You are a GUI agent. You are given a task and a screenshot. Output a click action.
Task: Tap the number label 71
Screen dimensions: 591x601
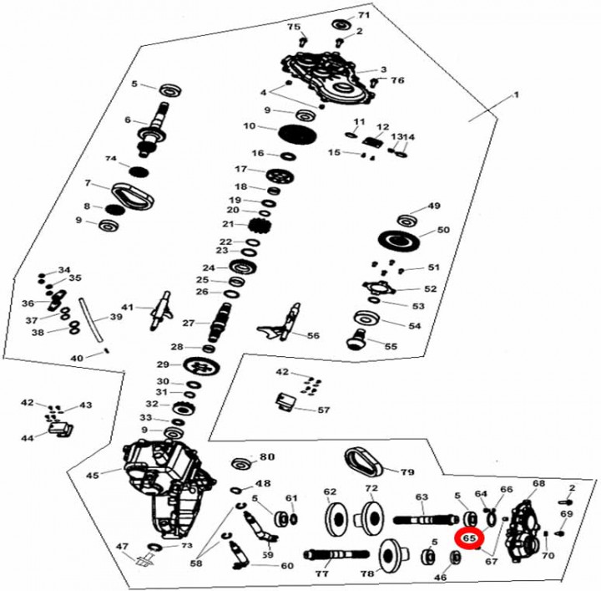click(364, 16)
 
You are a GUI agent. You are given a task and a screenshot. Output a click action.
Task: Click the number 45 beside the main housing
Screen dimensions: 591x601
click(93, 475)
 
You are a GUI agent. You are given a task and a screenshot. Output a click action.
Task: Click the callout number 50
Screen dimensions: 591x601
click(443, 230)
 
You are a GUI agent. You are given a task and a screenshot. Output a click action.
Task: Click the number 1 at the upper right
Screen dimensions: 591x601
click(515, 95)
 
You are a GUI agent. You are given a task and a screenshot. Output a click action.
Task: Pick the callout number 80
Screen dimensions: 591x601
click(266, 457)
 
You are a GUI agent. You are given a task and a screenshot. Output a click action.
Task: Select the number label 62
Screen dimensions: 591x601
click(329, 492)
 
